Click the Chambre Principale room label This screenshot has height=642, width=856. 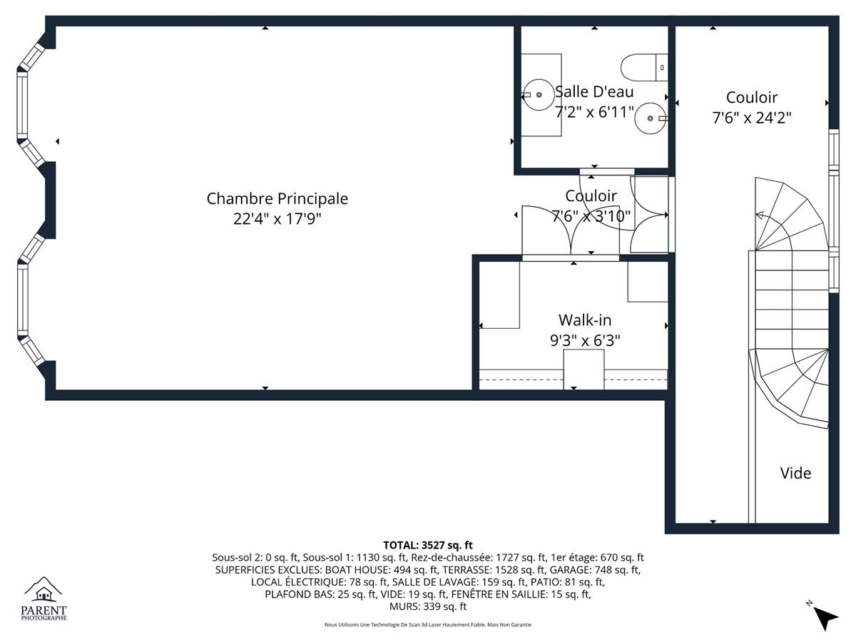[277, 199]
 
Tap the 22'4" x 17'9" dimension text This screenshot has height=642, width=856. [277, 219]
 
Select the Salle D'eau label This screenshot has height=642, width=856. [594, 92]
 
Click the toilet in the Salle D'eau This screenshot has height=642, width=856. [644, 68]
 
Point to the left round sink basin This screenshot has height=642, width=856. [539, 95]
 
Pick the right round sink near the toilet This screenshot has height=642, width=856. [650, 118]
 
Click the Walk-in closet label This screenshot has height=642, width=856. [585, 320]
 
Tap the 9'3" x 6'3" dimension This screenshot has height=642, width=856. [585, 341]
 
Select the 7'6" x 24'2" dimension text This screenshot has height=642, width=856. [752, 118]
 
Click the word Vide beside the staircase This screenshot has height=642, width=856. [795, 473]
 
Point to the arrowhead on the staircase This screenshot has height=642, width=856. [760, 215]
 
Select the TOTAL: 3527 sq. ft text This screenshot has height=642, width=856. [428, 545]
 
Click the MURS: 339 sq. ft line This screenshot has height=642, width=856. [428, 606]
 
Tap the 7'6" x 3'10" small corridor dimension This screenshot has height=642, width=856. [591, 216]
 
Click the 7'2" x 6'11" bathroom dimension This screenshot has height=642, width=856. [594, 112]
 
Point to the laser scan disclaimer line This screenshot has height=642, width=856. [428, 625]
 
